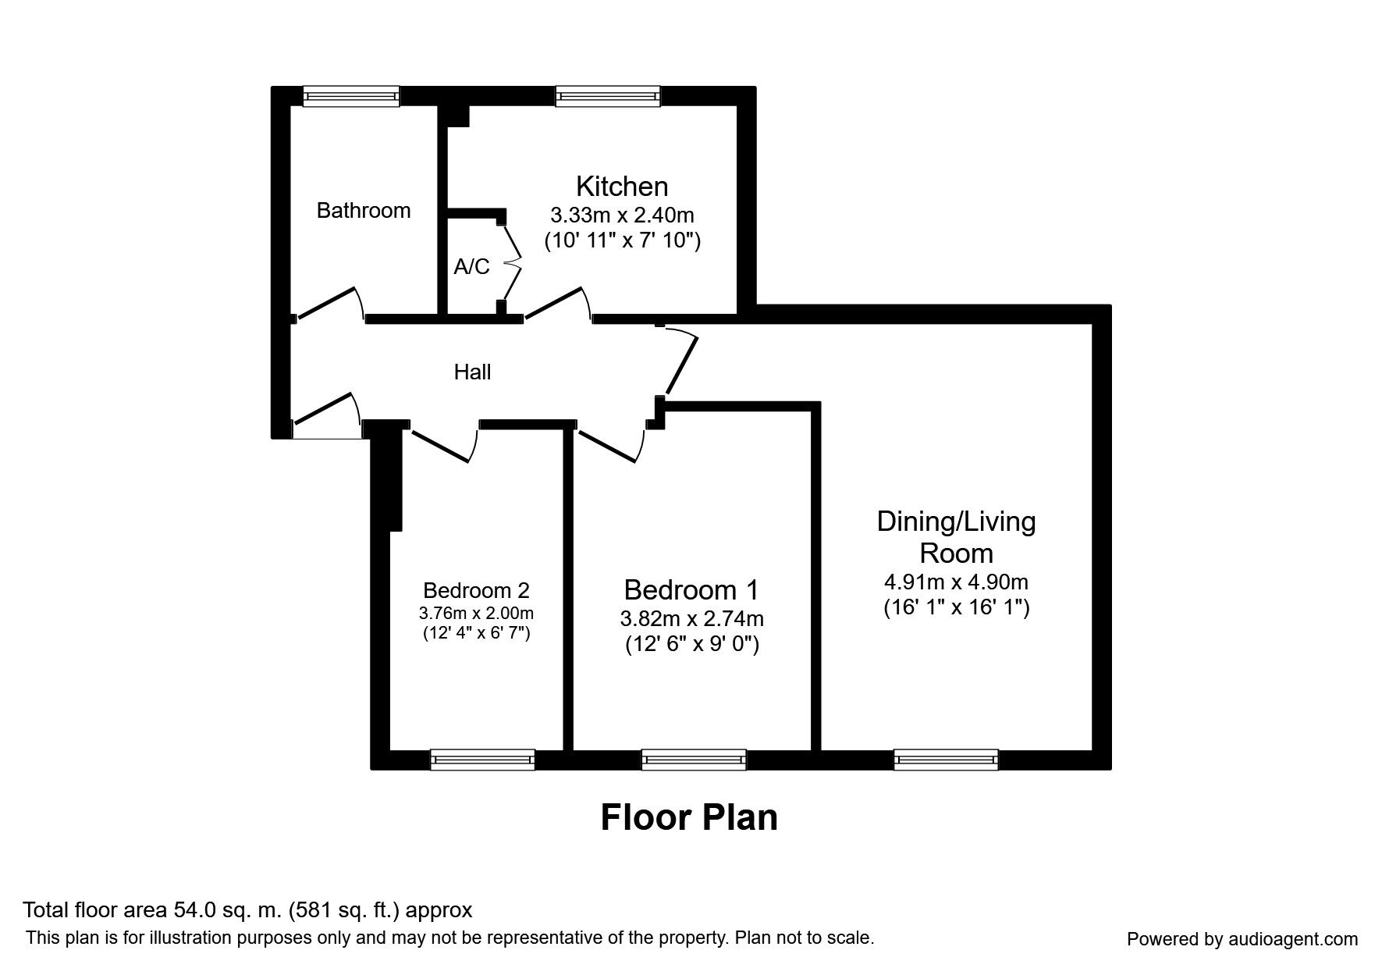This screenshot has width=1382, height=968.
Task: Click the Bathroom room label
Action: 364,211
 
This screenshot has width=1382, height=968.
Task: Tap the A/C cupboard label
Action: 471,267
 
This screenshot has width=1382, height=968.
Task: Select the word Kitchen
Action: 622,187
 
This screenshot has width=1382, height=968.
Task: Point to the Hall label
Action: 472,372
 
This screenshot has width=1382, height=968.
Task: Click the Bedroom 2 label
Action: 476,590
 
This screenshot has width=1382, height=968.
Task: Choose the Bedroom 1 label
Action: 691,589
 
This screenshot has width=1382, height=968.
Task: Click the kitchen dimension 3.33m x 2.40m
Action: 622,215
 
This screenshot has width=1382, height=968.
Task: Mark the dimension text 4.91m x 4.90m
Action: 956,582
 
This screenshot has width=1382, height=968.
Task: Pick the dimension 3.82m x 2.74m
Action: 691,619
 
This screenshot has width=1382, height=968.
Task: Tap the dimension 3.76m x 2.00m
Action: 476,613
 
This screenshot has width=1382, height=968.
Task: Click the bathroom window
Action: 351,97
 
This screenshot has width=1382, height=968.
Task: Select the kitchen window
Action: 608,97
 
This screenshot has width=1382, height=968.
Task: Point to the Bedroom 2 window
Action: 482,759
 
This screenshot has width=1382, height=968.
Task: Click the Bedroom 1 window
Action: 694,759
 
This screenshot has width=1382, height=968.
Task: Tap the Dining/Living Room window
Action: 946,759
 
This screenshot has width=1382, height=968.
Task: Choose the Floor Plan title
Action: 689,817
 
